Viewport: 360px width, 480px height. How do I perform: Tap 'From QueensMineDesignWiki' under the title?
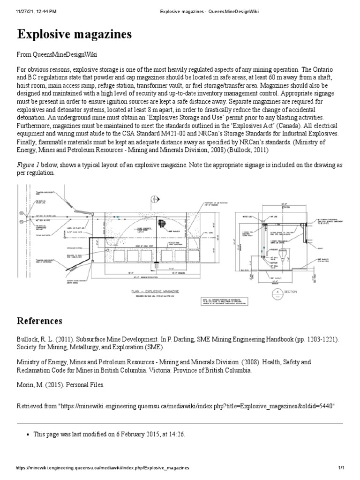click(x=57, y=55)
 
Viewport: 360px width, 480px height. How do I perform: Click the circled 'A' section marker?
click(x=277, y=291)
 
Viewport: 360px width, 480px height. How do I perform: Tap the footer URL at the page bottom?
click(x=103, y=468)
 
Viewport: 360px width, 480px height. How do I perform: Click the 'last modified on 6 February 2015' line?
click(x=109, y=435)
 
